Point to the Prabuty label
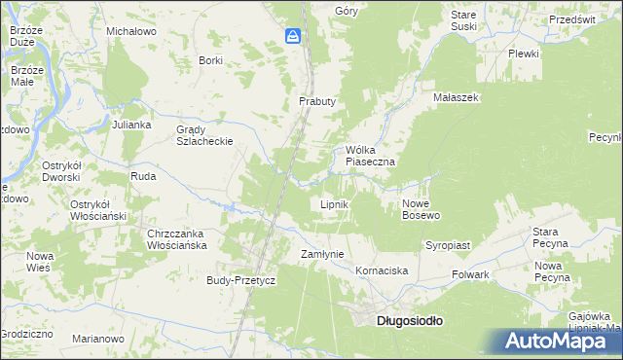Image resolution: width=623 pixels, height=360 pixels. [317, 101]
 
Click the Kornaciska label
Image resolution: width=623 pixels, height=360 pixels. [381, 270]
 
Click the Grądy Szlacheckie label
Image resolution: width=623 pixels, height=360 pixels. [203, 135]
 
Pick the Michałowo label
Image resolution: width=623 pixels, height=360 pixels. [131, 32]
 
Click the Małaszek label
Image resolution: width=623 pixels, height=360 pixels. [457, 98]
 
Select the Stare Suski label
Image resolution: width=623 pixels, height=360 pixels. [463, 21]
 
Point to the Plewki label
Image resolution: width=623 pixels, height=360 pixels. [523, 54]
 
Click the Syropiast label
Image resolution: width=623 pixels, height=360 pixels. [448, 246]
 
